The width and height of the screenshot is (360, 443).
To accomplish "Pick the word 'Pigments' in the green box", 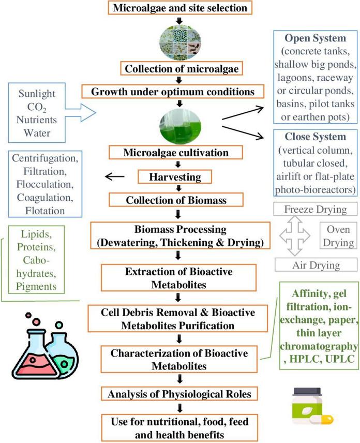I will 36,285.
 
